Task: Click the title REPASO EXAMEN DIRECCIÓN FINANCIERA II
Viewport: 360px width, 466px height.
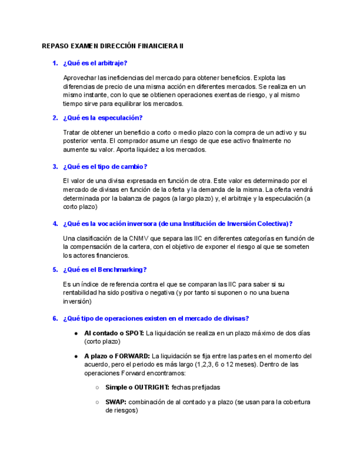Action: coord(113,46)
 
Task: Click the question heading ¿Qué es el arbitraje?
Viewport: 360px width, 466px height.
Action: coord(95,64)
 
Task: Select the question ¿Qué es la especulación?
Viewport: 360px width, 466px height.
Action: coord(103,118)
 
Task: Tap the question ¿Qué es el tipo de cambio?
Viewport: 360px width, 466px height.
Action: coord(105,167)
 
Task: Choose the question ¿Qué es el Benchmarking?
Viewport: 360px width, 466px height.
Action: coord(104,270)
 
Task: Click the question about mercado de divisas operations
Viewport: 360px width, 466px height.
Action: coord(156,318)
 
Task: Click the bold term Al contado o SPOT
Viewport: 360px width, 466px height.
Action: coord(114,333)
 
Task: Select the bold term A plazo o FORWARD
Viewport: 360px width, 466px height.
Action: coord(117,356)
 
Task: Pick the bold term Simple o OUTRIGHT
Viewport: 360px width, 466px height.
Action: coord(137,387)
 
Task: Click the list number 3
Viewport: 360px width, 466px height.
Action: coord(55,167)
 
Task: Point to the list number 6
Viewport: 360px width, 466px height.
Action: coord(55,318)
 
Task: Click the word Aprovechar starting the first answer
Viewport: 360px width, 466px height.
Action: coord(80,78)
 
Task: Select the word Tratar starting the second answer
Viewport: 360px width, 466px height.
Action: coord(73,132)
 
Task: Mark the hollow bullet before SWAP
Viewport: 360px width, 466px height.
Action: coord(97,402)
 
